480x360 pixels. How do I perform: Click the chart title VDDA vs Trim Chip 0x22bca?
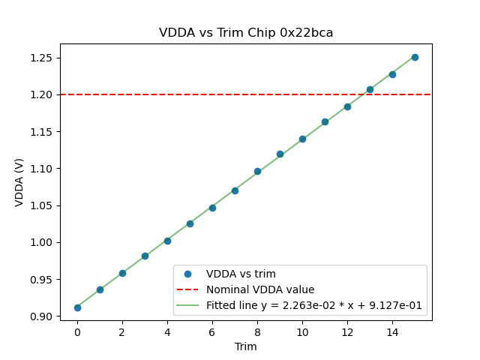click(x=246, y=33)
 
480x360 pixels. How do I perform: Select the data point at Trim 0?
click(x=77, y=307)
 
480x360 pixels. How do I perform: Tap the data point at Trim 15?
click(x=415, y=57)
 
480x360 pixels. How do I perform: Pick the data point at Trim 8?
click(x=257, y=171)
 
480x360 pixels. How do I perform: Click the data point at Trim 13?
click(x=370, y=89)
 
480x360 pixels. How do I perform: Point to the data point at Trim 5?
click(x=190, y=223)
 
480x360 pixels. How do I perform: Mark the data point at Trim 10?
click(x=302, y=139)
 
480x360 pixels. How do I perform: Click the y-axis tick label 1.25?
click(x=42, y=58)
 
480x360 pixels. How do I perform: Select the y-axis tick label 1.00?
click(x=42, y=242)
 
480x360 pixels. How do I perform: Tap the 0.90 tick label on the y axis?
click(x=42, y=316)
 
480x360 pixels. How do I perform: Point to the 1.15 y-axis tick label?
click(x=42, y=132)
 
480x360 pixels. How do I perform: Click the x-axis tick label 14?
click(x=392, y=331)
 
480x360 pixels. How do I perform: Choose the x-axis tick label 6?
click(x=212, y=331)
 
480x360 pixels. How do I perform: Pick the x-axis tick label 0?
click(x=77, y=331)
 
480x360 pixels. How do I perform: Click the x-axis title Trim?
click(x=246, y=346)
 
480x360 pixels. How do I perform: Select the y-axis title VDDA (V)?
click(x=19, y=182)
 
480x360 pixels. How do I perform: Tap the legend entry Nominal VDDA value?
click(x=260, y=289)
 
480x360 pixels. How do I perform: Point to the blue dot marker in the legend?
click(x=189, y=274)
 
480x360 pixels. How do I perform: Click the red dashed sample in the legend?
click(x=189, y=289)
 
